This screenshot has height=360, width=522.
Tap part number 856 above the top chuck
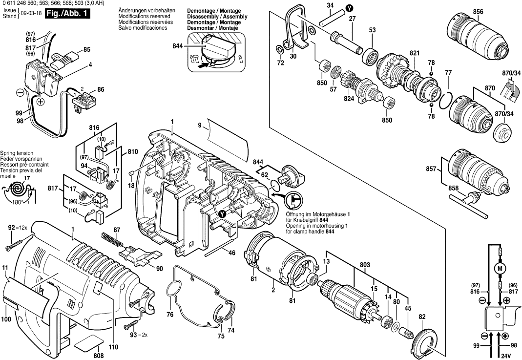[479, 12]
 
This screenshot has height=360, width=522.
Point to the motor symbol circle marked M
[499, 269]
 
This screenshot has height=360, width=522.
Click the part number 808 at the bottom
[99, 355]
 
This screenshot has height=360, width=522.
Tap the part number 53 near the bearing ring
[372, 30]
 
